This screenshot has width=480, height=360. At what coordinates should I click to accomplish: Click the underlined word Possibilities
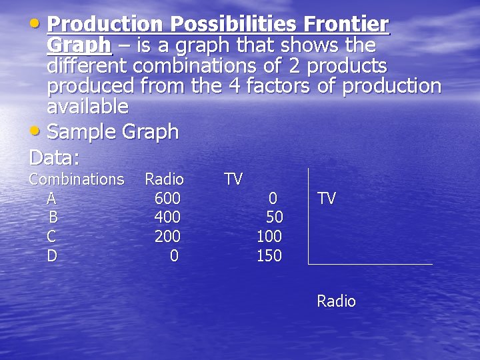click(233, 25)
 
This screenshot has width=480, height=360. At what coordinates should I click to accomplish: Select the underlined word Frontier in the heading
click(345, 25)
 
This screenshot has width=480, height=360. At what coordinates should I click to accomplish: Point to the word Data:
click(54, 158)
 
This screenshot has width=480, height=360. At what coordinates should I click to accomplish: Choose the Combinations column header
click(76, 179)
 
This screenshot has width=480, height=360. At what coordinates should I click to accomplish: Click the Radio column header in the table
click(164, 179)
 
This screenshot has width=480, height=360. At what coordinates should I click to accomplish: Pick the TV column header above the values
click(233, 179)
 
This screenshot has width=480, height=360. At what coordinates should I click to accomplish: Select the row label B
click(53, 217)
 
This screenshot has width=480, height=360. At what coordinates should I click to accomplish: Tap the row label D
click(52, 256)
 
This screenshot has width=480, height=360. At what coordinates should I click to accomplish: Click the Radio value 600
click(167, 198)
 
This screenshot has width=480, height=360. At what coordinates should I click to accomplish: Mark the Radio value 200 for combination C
click(167, 237)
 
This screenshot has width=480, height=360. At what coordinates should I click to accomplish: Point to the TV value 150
click(269, 256)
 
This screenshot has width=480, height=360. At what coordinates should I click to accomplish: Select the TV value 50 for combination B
click(274, 217)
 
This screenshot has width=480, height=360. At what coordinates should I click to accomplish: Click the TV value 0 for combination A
click(273, 198)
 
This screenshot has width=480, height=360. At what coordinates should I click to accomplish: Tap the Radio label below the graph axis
click(336, 301)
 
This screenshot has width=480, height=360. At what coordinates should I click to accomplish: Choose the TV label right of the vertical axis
click(327, 198)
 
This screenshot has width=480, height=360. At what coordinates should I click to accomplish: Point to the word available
click(87, 106)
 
